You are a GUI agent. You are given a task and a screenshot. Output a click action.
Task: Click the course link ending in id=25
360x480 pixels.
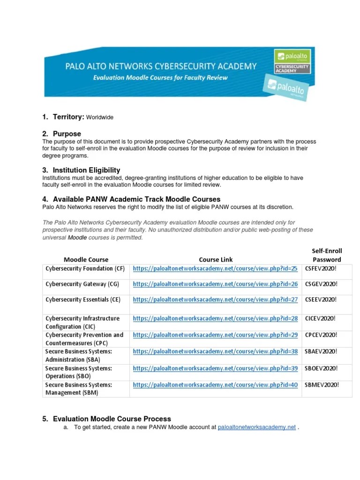tap(215, 269)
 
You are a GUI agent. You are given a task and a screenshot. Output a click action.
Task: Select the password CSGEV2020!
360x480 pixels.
tap(321, 284)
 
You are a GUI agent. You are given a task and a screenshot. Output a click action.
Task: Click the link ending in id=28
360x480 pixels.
tap(215, 318)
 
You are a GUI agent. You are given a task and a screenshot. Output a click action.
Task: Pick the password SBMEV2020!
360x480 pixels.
tap(321, 385)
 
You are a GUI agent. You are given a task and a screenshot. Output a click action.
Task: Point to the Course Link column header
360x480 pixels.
tap(216, 259)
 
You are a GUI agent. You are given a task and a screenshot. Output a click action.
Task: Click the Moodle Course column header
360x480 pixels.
tap(86, 259)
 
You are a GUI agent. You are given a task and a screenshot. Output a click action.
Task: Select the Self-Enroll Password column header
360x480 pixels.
tap(326, 255)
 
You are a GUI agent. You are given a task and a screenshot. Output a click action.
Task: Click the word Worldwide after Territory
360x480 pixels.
tap(100, 117)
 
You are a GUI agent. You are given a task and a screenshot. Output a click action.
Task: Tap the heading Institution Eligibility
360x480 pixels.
tap(86, 170)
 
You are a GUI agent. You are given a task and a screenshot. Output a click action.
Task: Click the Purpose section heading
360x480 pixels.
tap(67, 134)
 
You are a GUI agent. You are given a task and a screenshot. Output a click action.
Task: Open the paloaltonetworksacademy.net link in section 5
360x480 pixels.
tap(257, 427)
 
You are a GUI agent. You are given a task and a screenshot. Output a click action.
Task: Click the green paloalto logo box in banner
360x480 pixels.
tap(292, 57)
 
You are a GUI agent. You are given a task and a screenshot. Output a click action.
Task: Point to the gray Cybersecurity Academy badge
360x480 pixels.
tap(292, 68)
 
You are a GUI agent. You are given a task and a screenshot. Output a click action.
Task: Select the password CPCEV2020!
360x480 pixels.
tap(321, 335)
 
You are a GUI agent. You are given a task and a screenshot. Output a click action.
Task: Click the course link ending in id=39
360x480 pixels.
tap(215, 368)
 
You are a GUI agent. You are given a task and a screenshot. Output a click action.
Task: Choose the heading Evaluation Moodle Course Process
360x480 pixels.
tap(112, 419)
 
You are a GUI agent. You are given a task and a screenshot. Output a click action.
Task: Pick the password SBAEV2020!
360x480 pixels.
tap(321, 351)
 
